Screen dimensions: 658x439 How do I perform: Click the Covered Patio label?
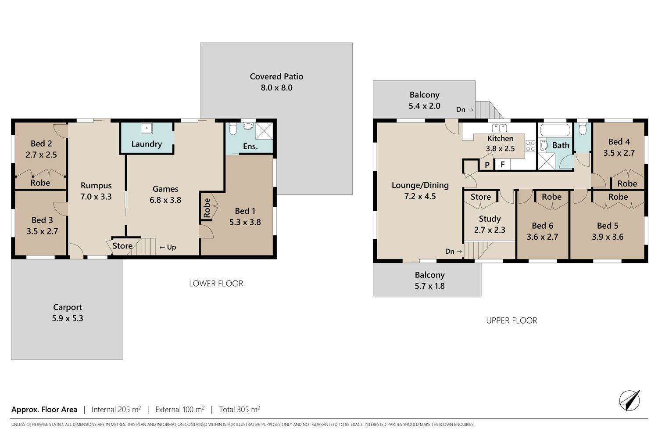276,76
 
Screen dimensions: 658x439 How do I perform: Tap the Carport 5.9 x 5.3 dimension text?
68,318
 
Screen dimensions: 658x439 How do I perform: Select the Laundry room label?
147,144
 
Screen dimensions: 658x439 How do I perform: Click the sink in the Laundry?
147,128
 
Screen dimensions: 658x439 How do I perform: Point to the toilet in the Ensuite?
233,129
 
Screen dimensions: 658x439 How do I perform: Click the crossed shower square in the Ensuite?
265,131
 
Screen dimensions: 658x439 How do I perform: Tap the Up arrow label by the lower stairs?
168,247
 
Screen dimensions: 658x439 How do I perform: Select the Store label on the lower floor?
122,246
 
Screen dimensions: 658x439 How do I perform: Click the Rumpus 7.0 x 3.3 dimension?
96,197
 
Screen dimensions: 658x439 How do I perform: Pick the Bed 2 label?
41,144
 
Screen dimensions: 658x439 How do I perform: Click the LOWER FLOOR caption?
216,284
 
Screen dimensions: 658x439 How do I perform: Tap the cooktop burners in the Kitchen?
530,146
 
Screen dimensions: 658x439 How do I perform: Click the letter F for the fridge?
503,164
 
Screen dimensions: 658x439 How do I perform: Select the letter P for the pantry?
487,165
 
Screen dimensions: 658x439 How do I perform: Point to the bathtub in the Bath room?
555,130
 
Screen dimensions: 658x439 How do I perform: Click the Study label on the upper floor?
490,219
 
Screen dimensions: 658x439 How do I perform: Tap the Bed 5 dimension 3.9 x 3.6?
608,237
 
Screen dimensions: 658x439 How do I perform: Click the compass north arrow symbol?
629,400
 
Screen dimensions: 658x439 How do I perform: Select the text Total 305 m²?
240,409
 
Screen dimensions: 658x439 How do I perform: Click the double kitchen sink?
499,128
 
